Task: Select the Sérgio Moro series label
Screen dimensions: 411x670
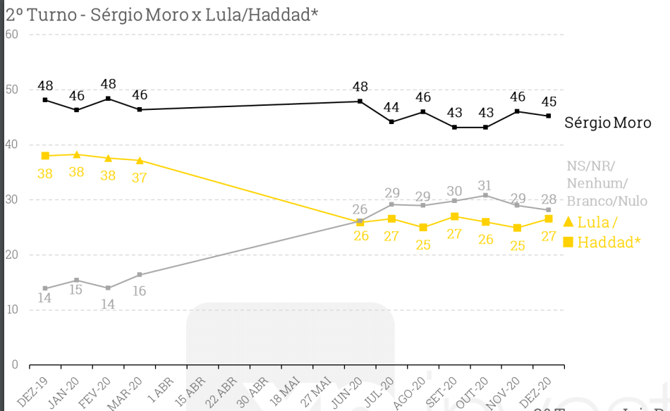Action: (608, 123)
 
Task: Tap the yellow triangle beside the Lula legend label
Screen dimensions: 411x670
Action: (568, 222)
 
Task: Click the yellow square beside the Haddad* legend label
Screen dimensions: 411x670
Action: (568, 243)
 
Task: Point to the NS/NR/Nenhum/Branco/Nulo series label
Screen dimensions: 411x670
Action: (607, 183)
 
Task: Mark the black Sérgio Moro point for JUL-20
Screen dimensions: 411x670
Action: (391, 122)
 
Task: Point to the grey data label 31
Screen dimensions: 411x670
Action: (485, 186)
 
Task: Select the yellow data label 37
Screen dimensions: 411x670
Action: (139, 178)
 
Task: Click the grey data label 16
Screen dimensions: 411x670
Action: (139, 290)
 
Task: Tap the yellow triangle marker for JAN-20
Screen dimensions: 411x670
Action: (77, 154)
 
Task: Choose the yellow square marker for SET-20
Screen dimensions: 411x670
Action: (454, 216)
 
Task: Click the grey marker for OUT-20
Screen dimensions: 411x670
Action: (485, 195)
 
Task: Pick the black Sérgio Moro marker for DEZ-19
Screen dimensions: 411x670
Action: (45, 100)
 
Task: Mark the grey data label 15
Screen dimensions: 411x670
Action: (76, 290)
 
